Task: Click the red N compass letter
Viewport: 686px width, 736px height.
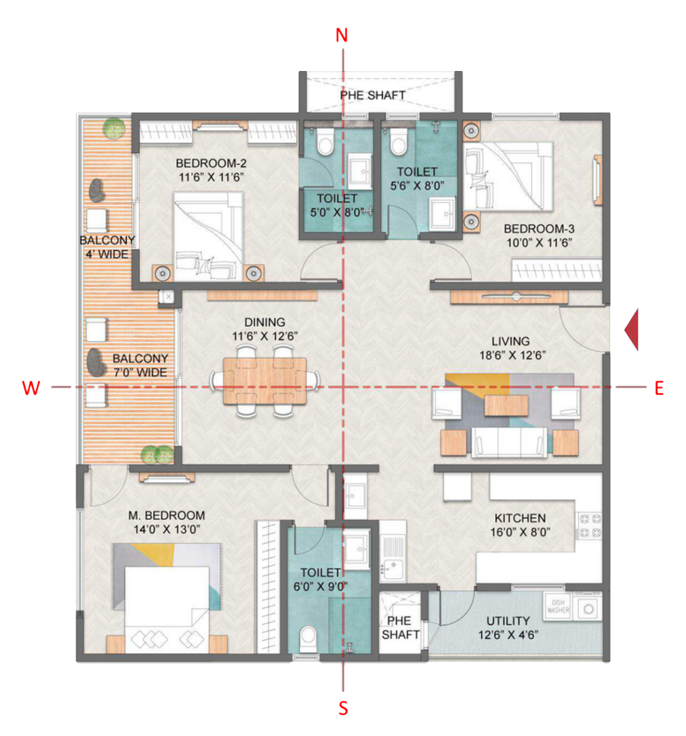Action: coord(342,37)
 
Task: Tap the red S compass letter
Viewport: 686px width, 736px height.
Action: coord(343,709)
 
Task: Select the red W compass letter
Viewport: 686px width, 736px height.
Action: coord(31,388)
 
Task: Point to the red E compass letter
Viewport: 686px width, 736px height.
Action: coord(659,388)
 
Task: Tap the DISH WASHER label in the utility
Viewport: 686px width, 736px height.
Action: coord(558,606)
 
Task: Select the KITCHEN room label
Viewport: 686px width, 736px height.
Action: coord(520,518)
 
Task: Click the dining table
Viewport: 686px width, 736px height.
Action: coord(265,381)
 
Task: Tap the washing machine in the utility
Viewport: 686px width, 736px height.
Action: coord(589,608)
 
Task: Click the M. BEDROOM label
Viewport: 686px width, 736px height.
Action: coord(167,515)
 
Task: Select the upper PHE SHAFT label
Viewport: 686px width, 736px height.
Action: coord(373,95)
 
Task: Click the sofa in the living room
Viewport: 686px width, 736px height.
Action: coord(509,442)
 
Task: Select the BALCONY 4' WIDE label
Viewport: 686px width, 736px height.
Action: coord(107,247)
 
